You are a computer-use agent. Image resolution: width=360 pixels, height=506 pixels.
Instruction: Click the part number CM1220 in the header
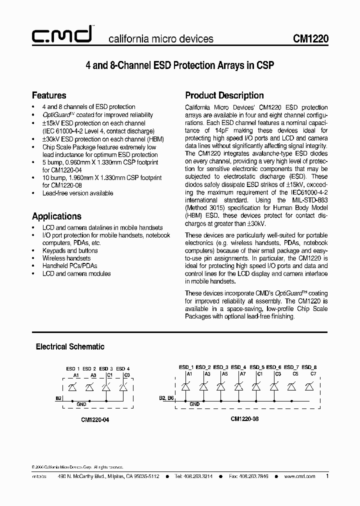[x=310, y=39]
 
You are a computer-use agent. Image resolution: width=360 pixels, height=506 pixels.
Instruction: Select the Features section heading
[x=49, y=95]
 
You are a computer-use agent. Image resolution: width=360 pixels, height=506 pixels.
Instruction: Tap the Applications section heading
[x=56, y=216]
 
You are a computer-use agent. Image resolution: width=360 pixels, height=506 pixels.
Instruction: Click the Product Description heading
[x=224, y=95]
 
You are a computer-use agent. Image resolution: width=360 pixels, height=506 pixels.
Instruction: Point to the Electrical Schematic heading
[x=70, y=346]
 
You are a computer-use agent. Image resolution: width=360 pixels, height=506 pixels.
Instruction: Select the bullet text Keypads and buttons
[x=70, y=250]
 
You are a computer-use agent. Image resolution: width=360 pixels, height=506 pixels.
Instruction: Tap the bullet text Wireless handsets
[x=66, y=258]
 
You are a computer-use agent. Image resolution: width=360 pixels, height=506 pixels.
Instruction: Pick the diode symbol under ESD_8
[x=309, y=386]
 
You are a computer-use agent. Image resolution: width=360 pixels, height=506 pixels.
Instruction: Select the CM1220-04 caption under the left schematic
[x=95, y=420]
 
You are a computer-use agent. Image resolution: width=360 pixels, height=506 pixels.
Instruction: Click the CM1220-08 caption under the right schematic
[x=245, y=419]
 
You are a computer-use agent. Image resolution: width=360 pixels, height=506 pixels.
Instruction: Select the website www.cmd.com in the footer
[x=299, y=476]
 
